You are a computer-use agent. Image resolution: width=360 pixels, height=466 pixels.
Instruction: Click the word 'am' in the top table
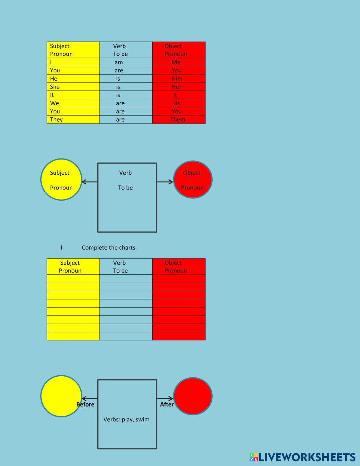pos(119,62)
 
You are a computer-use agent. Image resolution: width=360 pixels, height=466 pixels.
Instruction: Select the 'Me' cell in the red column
pos(176,62)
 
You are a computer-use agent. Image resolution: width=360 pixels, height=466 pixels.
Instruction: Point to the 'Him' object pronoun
pos(177,79)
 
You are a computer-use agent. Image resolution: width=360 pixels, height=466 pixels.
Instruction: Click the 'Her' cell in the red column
pos(177,87)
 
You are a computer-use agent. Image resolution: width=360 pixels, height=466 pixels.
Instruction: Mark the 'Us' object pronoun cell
pos(176,103)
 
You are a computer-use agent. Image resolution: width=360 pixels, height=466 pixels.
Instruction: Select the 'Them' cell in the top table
pos(178,120)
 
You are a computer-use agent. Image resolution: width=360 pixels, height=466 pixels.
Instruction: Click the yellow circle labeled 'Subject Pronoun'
pos(61,179)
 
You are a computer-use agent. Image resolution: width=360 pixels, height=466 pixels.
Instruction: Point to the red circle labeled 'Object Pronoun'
pos(193,179)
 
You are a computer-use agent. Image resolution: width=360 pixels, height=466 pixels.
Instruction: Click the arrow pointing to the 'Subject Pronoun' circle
pos(90,182)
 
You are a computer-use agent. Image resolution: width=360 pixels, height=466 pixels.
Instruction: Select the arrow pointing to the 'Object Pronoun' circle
pos(165,182)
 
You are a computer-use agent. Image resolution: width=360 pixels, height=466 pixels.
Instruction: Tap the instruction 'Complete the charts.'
pos(109,248)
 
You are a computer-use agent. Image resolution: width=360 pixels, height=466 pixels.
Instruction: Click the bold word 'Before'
pos(85,404)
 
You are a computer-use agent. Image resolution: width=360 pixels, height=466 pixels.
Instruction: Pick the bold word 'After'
pos(167,404)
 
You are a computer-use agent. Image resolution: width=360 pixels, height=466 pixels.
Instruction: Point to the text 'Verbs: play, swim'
pos(126,420)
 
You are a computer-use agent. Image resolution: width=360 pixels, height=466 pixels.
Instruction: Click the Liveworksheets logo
pos(302,457)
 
